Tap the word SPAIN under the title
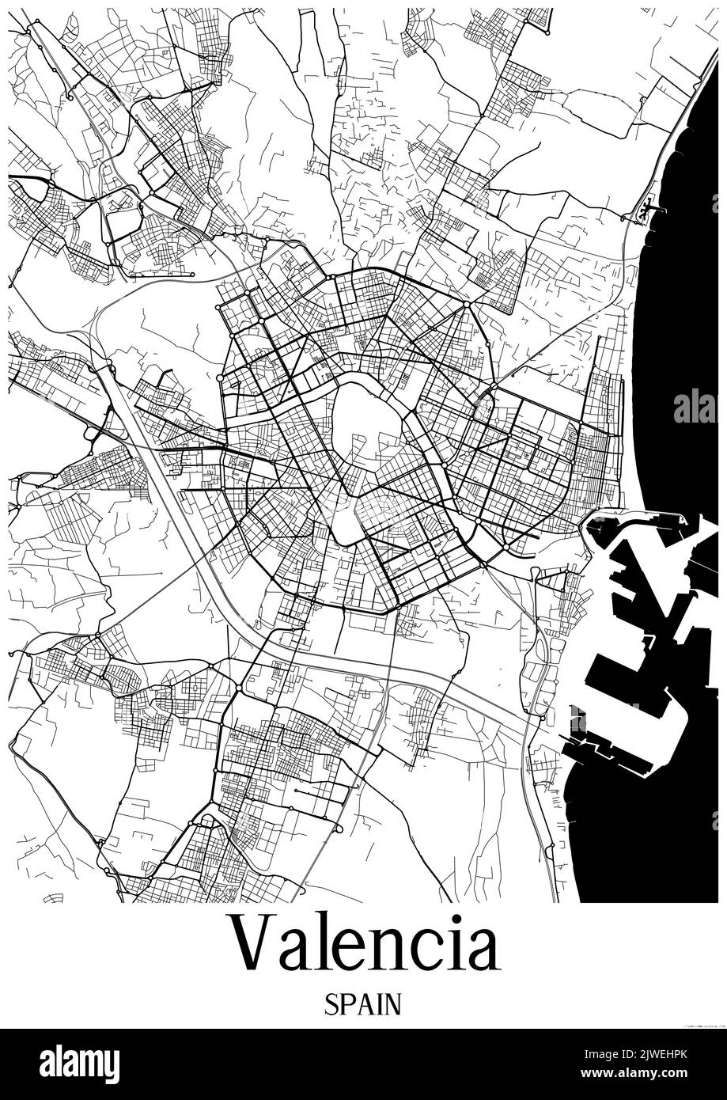363,1004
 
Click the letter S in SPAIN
331,1004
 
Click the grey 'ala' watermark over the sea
695,406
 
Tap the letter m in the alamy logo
85,1064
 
